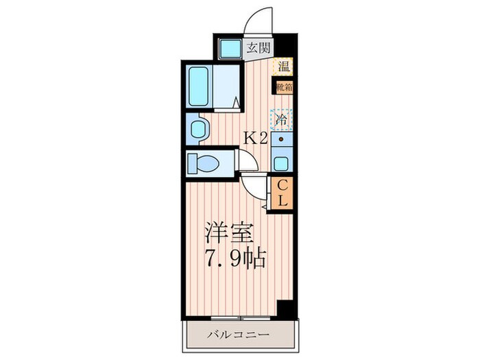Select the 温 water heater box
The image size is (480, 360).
[283, 67]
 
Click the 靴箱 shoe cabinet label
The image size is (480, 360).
[283, 87]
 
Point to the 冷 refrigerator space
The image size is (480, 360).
[281, 119]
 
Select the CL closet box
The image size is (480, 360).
[282, 193]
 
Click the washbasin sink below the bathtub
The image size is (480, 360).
[198, 128]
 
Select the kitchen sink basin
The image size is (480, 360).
[280, 164]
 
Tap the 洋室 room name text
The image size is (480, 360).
[230, 235]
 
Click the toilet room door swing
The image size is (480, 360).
[248, 161]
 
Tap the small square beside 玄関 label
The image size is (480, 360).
[228, 48]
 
